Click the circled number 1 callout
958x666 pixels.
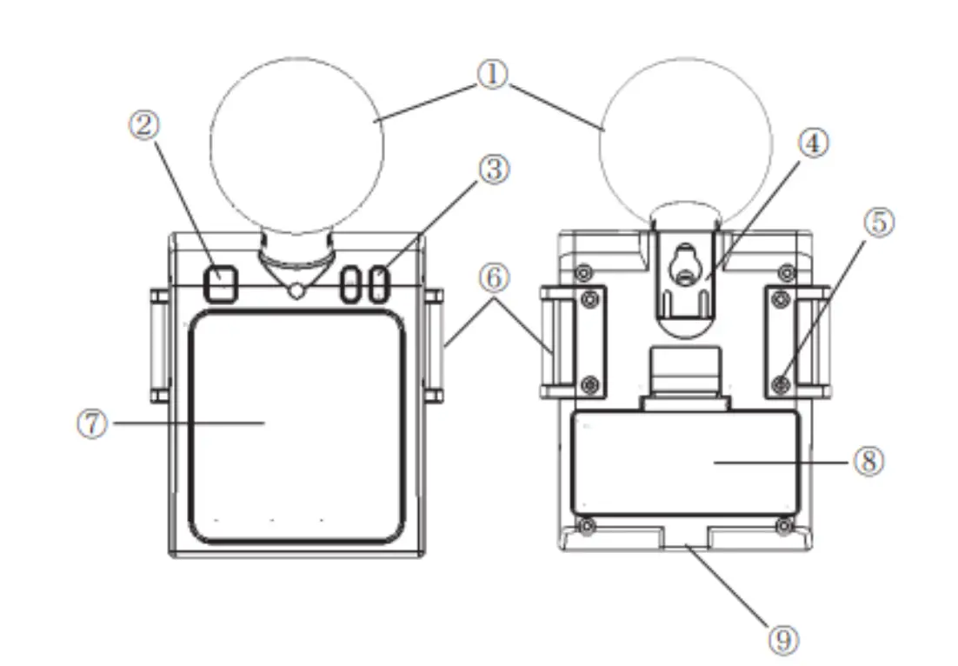click(492, 76)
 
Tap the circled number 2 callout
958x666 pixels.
click(144, 125)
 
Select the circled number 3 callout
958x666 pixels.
click(493, 170)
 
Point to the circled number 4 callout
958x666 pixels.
click(815, 143)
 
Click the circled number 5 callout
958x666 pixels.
click(879, 223)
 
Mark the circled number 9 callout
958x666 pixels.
click(782, 641)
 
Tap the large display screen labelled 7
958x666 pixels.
click(296, 427)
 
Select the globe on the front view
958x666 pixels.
click(296, 145)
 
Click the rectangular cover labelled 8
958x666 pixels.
click(686, 463)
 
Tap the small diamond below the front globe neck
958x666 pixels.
click(297, 291)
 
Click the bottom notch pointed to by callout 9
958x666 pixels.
click(686, 544)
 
